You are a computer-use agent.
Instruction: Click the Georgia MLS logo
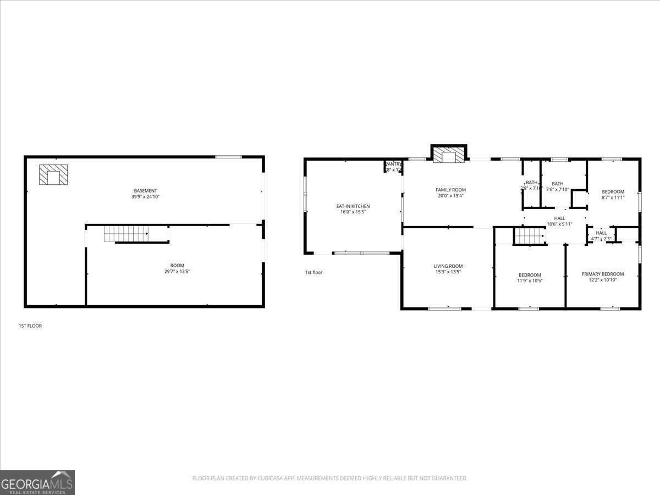37,482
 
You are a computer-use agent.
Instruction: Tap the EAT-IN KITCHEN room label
353,206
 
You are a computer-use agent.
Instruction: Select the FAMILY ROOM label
450,190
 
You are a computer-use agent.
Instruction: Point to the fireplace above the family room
449,155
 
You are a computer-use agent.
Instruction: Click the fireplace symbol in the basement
53,174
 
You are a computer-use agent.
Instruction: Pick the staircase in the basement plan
126,233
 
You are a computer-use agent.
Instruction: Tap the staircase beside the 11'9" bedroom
529,237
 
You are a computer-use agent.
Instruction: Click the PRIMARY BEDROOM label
603,274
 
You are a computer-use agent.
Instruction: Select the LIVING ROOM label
448,266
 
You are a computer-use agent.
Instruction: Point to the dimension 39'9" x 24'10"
146,197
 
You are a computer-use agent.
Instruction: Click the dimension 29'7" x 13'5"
177,271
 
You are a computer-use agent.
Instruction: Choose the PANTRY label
393,164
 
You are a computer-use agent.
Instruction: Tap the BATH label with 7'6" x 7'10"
558,184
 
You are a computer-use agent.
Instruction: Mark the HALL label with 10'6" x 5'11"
559,218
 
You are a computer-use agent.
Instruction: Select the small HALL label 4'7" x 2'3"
601,233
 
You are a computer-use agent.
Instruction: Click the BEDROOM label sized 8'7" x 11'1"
613,191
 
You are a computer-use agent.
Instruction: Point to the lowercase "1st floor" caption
313,272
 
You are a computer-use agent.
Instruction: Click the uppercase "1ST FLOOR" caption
30,326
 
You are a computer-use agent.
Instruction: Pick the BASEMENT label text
145,191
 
